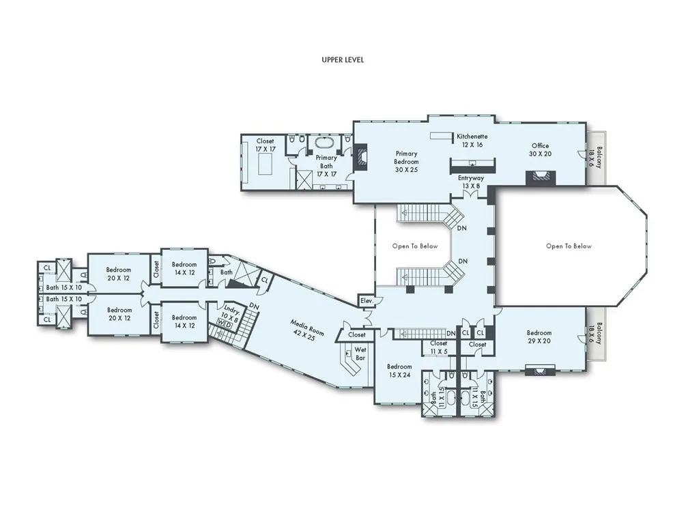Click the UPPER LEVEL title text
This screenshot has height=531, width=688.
(x=343, y=60)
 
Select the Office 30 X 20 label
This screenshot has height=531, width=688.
(x=540, y=149)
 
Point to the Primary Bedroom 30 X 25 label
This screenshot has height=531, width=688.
(x=406, y=162)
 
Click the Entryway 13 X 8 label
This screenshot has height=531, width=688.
(x=470, y=182)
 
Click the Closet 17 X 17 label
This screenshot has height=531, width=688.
(x=265, y=145)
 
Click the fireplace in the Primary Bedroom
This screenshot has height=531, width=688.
(x=360, y=159)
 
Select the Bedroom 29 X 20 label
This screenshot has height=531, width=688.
(x=540, y=336)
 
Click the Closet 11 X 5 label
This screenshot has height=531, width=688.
(x=438, y=347)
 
